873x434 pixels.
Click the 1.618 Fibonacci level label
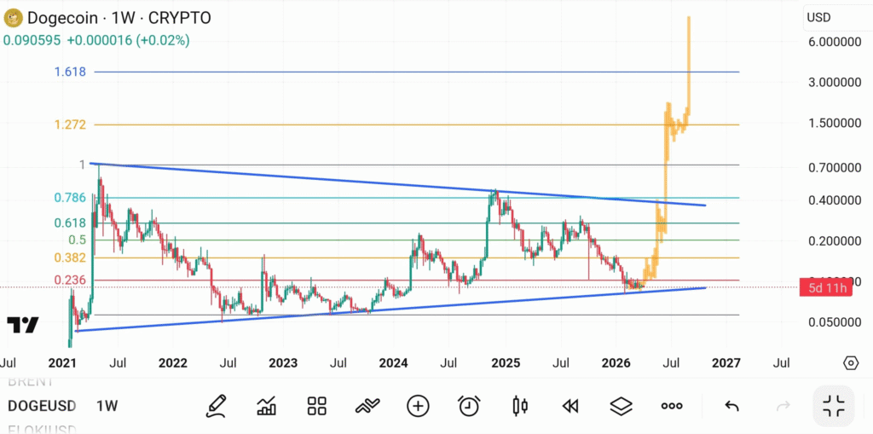click(x=70, y=72)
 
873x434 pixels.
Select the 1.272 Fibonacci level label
click(x=70, y=124)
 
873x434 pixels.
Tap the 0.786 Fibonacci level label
click(x=70, y=198)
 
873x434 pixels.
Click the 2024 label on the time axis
click(x=393, y=363)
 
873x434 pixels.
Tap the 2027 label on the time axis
click(x=725, y=363)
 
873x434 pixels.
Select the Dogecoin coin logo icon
click(x=13, y=17)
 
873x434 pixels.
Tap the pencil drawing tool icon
click(x=216, y=406)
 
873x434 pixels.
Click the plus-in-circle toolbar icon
click(x=418, y=406)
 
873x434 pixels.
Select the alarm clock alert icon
click(x=468, y=406)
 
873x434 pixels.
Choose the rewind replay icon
click(x=570, y=406)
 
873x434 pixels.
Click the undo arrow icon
click(x=731, y=406)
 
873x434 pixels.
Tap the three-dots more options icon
click(x=672, y=406)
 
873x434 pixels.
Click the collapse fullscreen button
click(x=833, y=406)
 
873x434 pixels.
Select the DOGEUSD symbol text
click(x=41, y=406)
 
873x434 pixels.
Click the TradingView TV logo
click(x=23, y=325)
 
